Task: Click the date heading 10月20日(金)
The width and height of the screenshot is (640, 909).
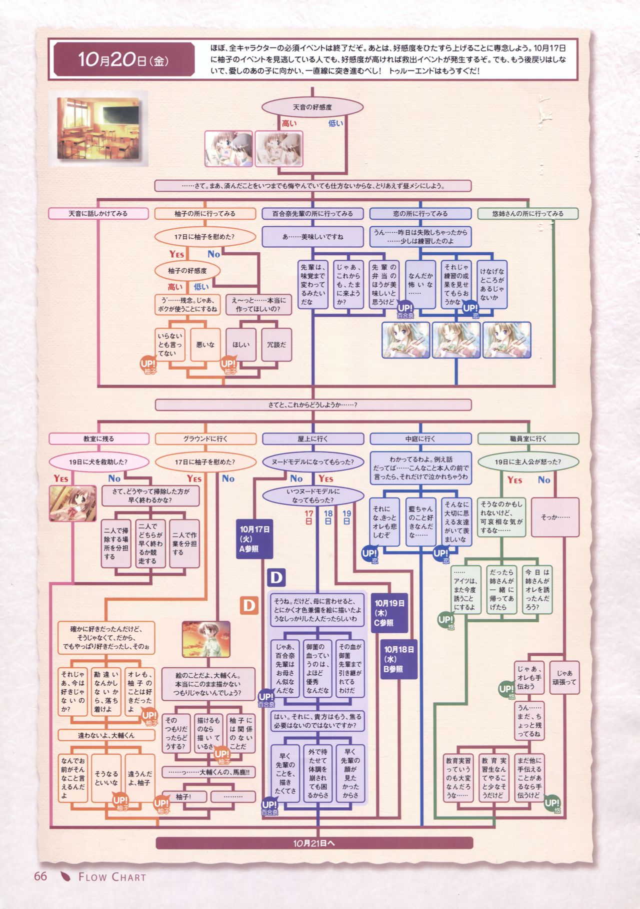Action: point(123,60)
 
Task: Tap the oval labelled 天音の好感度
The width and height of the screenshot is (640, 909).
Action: point(312,107)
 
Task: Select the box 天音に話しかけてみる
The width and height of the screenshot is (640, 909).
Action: point(98,213)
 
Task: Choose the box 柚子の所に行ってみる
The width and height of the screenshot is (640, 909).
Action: point(204,213)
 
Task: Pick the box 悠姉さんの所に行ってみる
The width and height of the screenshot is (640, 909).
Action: point(527,213)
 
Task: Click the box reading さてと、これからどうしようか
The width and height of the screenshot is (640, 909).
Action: point(313,405)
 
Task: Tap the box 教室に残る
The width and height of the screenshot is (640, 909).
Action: point(99,439)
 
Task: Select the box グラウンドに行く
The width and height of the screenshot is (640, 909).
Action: point(205,439)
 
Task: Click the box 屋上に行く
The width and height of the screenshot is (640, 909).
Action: point(313,439)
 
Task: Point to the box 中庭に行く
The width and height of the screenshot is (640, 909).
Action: point(420,439)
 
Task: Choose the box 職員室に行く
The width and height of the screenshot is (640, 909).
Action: point(528,439)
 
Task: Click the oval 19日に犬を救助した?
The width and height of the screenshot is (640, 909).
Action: point(98,462)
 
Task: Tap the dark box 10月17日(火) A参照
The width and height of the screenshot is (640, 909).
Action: point(254,539)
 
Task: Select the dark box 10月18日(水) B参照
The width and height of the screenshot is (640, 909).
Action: point(398,659)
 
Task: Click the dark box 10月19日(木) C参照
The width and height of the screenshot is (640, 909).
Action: point(389,613)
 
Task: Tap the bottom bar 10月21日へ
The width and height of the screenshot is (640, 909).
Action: point(314,843)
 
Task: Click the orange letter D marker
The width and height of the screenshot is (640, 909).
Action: point(248,605)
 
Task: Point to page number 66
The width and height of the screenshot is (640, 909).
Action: point(40,877)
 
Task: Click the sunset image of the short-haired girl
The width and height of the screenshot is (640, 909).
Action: point(206,639)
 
